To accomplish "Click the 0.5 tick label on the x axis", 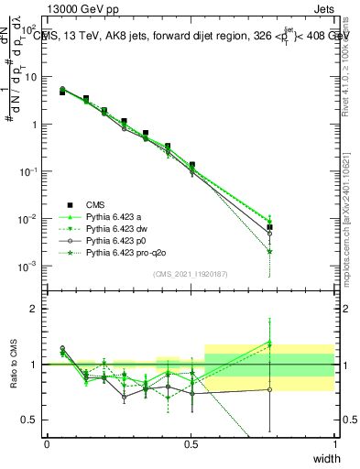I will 191,444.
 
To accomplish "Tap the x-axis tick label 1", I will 334,444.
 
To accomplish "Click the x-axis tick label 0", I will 47,444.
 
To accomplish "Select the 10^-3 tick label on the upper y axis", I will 28,267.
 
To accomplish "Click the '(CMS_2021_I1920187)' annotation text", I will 191,273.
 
